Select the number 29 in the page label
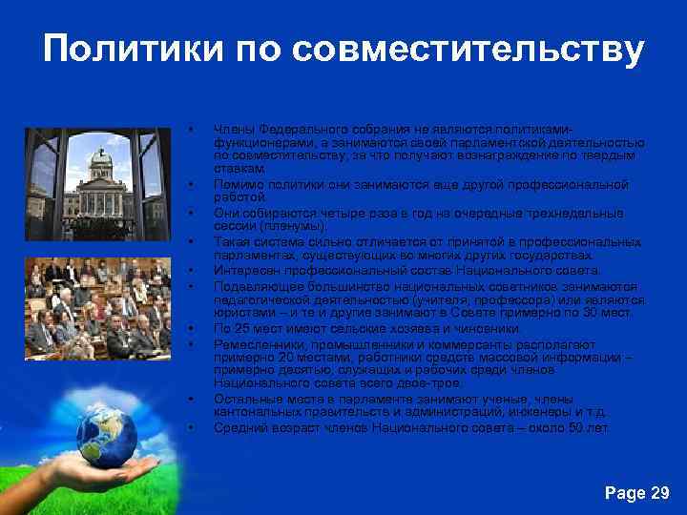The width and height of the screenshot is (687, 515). click(x=658, y=492)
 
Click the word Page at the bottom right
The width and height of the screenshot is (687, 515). click(x=625, y=492)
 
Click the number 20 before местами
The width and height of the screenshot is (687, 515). click(x=271, y=356)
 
